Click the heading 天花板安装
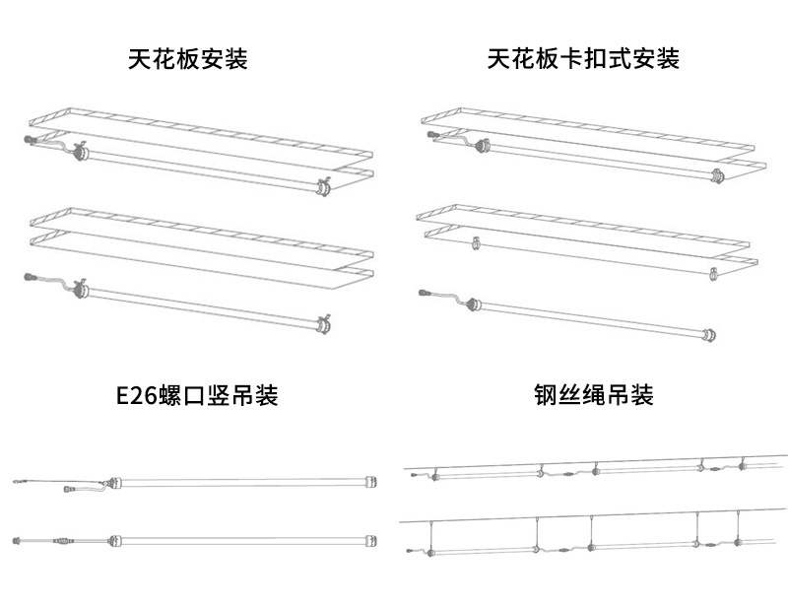[x=187, y=59]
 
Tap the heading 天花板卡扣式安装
[x=583, y=59]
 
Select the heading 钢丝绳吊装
[x=594, y=396]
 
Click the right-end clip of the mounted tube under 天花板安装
[x=321, y=187]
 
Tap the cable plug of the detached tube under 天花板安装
[x=31, y=278]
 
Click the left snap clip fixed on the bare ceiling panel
[x=475, y=241]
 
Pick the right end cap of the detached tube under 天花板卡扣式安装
[x=708, y=338]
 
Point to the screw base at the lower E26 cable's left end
[x=17, y=539]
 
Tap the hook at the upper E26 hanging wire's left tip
[x=16, y=482]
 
